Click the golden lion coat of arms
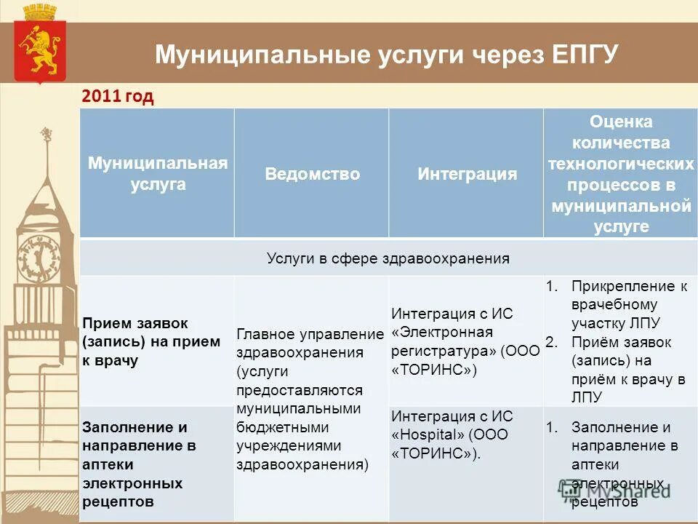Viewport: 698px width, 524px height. tap(40, 48)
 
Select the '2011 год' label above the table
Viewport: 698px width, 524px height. tap(118, 97)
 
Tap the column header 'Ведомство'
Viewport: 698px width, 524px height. tap(312, 174)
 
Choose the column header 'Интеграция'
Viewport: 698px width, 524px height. tap(467, 174)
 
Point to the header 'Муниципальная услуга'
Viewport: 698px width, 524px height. tap(158, 173)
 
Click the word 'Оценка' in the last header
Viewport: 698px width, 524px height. tap(620, 122)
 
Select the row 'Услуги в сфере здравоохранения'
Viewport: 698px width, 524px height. tap(388, 258)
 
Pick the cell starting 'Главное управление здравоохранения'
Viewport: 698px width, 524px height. tap(310, 399)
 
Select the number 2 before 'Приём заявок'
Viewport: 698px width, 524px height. tap(550, 342)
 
